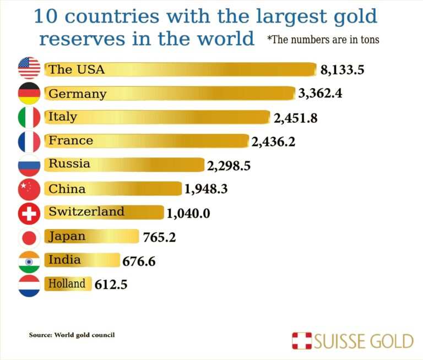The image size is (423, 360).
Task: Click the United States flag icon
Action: [x=29, y=68]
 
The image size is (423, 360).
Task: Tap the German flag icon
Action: [x=29, y=93]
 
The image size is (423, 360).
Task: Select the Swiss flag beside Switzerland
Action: [x=29, y=213]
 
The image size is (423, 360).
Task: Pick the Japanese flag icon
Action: [x=29, y=237]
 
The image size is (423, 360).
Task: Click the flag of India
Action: [x=29, y=262]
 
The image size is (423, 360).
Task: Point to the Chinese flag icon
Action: [x=29, y=189]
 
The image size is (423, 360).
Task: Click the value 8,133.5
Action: [x=343, y=70]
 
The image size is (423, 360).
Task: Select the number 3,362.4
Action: [x=320, y=93]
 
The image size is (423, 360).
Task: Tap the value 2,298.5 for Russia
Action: [x=229, y=165]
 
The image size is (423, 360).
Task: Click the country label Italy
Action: [x=63, y=117]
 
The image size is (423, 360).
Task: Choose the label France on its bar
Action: [x=70, y=141]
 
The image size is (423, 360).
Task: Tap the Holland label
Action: [x=67, y=284]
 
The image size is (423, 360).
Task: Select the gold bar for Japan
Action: [x=110, y=237]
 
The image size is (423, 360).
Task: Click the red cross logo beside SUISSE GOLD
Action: [x=301, y=341]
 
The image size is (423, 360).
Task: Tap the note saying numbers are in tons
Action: [x=323, y=40]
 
